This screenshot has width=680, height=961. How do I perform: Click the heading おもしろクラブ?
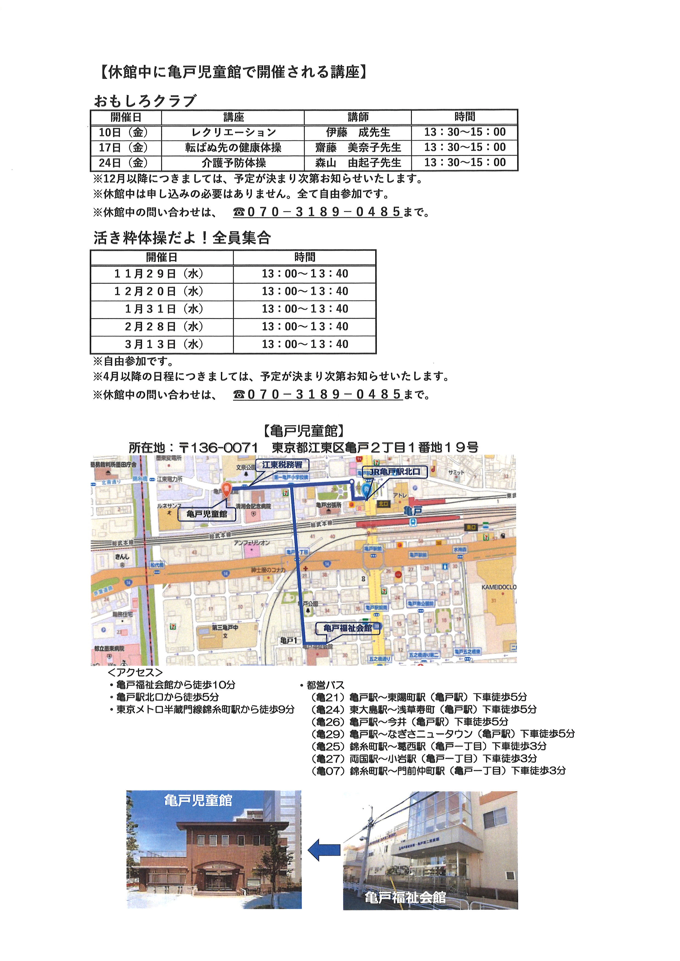tap(145, 101)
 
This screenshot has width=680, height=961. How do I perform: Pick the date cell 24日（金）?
tap(124, 162)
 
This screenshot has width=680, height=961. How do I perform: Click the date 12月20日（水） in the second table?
tap(159, 291)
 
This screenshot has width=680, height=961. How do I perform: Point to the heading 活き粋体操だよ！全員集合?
tap(182, 238)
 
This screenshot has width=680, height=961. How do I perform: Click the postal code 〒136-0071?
tap(218, 447)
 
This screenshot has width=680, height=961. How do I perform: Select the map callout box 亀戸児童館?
tap(206, 514)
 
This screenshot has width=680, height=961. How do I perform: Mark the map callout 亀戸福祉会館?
tap(347, 628)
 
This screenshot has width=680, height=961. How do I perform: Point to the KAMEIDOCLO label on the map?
tap(498, 587)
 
